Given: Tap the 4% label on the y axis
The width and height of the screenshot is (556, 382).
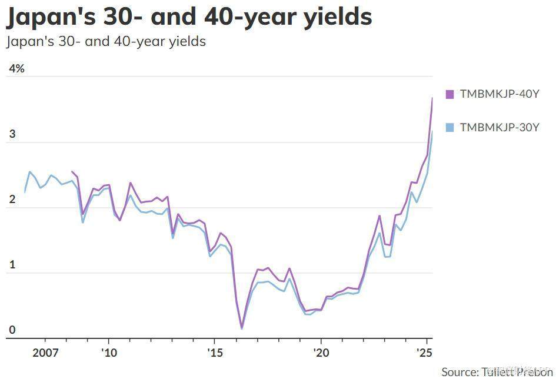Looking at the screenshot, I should click(16, 68).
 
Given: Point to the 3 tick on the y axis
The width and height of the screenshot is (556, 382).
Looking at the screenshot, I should click(12, 135).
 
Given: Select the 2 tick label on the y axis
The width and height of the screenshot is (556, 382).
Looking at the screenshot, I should click(12, 200).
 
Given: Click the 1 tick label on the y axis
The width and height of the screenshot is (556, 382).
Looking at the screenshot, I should click(12, 265).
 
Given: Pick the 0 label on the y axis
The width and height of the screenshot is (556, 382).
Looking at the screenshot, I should click(12, 330).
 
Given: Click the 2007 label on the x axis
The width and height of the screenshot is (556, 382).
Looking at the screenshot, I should click(45, 353).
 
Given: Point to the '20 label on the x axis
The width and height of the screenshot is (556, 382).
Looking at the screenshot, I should click(321, 353).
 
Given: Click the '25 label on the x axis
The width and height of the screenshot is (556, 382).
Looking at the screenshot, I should click(424, 353).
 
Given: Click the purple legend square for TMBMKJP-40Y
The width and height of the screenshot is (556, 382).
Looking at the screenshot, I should click(450, 94).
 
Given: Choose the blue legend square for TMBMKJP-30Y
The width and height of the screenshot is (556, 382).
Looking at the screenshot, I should click(450, 127).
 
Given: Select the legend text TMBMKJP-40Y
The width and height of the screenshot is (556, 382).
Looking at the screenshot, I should click(500, 94).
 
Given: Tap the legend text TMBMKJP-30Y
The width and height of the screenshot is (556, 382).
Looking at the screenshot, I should click(500, 127).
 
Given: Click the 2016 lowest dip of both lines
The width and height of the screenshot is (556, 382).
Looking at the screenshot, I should click(241, 327).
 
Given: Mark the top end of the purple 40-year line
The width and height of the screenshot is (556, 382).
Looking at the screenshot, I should click(432, 98).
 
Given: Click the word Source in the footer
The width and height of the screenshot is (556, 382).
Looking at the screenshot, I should click(459, 371).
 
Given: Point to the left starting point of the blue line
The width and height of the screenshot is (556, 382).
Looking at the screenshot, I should click(25, 192).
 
